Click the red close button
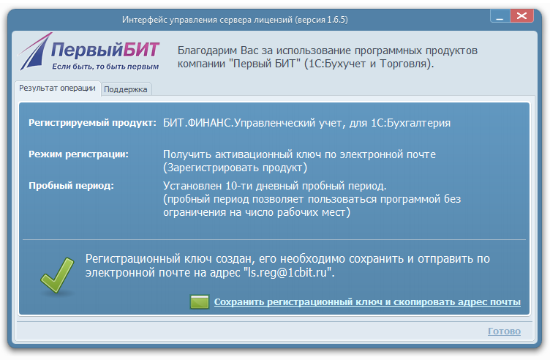(x=522, y=16)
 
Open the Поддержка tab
(x=126, y=89)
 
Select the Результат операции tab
(x=57, y=88)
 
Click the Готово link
(x=504, y=331)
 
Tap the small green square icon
(x=199, y=301)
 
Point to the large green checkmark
(x=57, y=275)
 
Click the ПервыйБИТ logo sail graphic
(x=34, y=51)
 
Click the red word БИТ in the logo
(x=141, y=50)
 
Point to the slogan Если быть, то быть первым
(x=105, y=67)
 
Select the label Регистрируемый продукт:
(x=92, y=123)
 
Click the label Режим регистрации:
(x=78, y=154)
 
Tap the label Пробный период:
(x=71, y=185)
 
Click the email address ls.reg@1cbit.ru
(x=287, y=272)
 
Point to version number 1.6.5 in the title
(x=335, y=20)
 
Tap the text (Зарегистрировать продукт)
(x=235, y=168)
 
